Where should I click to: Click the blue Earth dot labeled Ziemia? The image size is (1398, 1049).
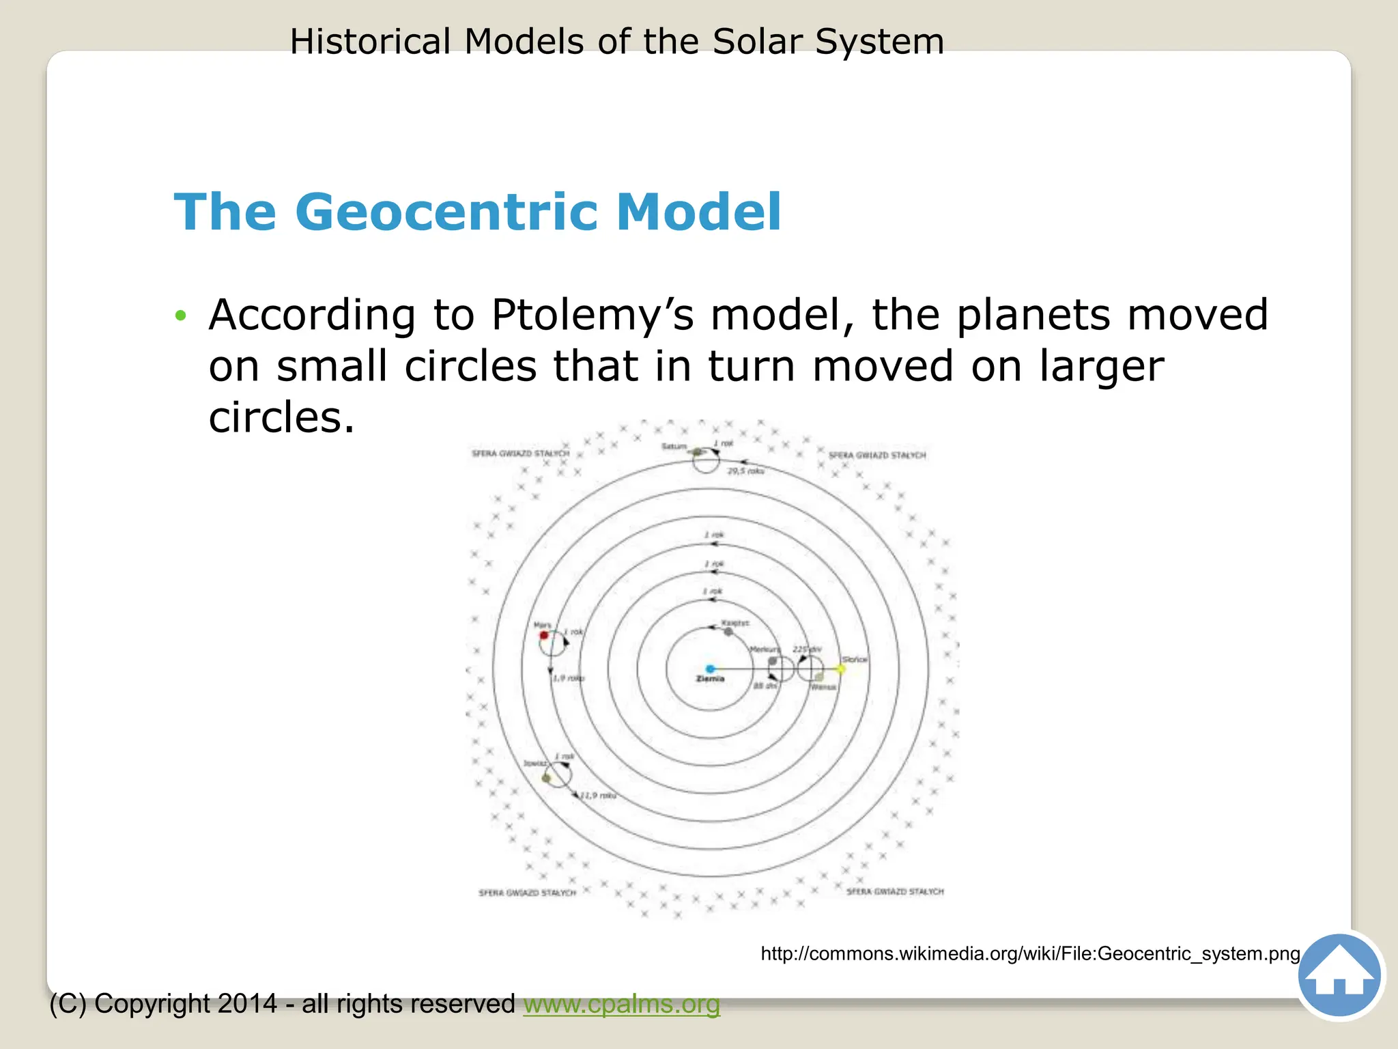[710, 669]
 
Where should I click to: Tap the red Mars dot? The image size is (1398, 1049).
[544, 636]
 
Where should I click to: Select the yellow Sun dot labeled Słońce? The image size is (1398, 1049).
[841, 669]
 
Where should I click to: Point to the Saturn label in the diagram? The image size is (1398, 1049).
[674, 446]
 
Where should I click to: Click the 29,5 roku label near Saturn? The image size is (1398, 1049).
[745, 471]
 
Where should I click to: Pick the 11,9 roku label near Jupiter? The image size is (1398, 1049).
[599, 796]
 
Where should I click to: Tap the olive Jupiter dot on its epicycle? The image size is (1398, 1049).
[546, 778]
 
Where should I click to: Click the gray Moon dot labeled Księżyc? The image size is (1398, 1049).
[728, 632]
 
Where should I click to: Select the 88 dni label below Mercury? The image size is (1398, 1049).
[765, 686]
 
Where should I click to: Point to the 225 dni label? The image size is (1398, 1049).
[807, 649]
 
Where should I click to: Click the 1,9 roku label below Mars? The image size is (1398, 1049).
[569, 678]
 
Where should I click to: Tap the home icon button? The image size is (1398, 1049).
[1339, 975]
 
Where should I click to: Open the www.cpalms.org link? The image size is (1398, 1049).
[621, 1004]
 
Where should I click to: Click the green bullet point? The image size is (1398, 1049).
[180, 316]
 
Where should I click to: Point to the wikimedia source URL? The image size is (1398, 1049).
[1030, 953]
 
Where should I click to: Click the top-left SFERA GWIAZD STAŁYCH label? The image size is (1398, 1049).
[520, 453]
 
